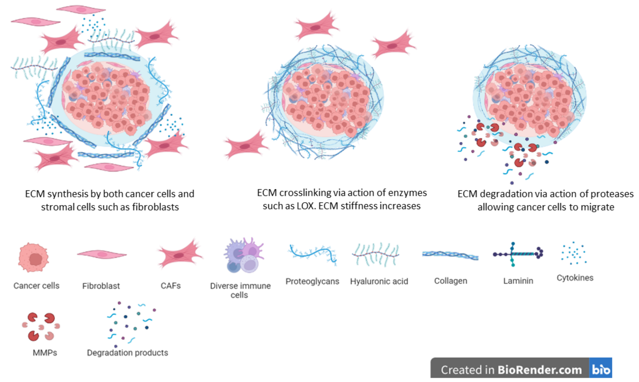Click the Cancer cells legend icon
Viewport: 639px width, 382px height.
tap(33, 257)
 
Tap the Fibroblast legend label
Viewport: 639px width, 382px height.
tap(101, 286)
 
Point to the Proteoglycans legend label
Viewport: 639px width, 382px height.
tap(312, 281)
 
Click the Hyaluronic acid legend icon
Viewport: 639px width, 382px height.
tap(376, 255)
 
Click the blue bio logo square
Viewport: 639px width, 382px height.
tap(600, 368)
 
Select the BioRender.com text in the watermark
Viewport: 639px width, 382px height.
tap(540, 370)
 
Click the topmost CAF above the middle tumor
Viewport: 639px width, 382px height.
tap(316, 27)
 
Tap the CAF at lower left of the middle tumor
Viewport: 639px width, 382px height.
tap(245, 146)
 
